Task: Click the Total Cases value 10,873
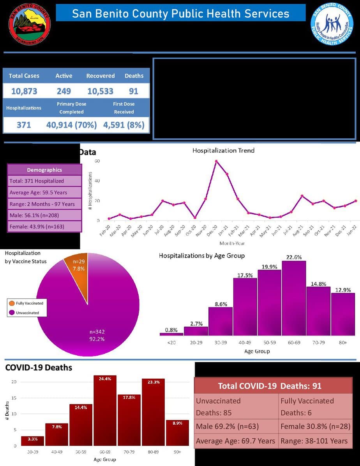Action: (x=24, y=92)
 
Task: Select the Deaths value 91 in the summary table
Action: (x=134, y=92)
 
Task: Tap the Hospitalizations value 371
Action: (x=24, y=125)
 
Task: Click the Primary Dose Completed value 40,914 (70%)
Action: (x=71, y=125)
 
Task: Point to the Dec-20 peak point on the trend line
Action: (x=216, y=161)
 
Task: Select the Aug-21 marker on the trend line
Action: (x=302, y=196)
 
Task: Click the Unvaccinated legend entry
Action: (x=27, y=312)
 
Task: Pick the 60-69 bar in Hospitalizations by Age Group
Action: (x=294, y=298)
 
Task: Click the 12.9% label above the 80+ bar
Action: (x=343, y=290)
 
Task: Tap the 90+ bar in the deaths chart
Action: (x=177, y=433)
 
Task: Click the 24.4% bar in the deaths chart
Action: (x=105, y=411)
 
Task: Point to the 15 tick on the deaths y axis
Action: (x=14, y=398)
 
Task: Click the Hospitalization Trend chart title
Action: (x=223, y=150)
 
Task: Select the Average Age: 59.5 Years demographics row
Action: (x=44, y=192)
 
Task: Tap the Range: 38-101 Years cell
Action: (x=314, y=441)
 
